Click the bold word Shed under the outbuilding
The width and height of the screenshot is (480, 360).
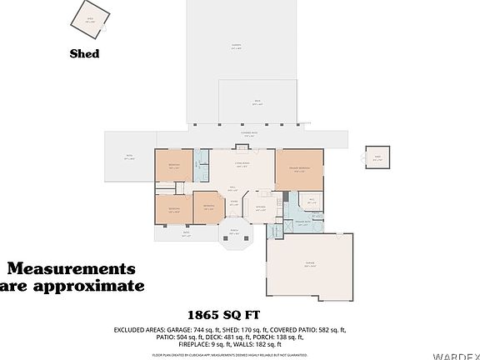pyautogui.click(x=84, y=54)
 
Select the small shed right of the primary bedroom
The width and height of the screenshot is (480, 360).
pyautogui.click(x=377, y=156)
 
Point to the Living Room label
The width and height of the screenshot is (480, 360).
pyautogui.click(x=242, y=163)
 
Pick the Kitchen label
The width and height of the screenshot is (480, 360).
pyautogui.click(x=261, y=208)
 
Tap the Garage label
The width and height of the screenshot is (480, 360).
pyautogui.click(x=310, y=264)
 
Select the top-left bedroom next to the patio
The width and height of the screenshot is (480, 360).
pyautogui.click(x=173, y=167)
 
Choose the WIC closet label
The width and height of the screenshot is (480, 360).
pyautogui.click(x=310, y=200)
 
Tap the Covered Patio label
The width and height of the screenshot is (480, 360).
pyautogui.click(x=248, y=134)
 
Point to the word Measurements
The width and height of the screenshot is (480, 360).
pyautogui.click(x=71, y=269)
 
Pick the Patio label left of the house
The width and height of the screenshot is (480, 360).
pyautogui.click(x=128, y=157)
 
